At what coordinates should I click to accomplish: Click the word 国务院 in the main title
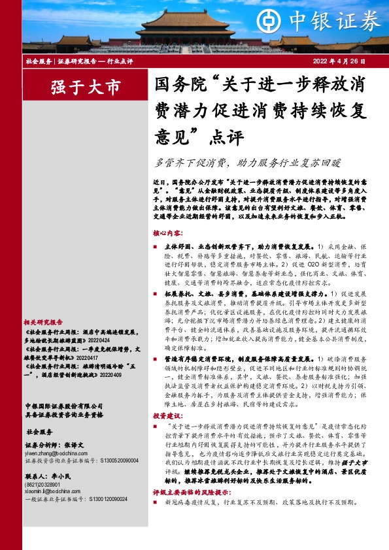click(x=173, y=85)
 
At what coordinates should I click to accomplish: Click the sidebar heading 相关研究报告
click(x=43, y=322)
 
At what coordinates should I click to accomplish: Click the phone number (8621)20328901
click(x=43, y=485)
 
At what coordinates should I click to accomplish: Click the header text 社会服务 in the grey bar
click(x=39, y=61)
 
